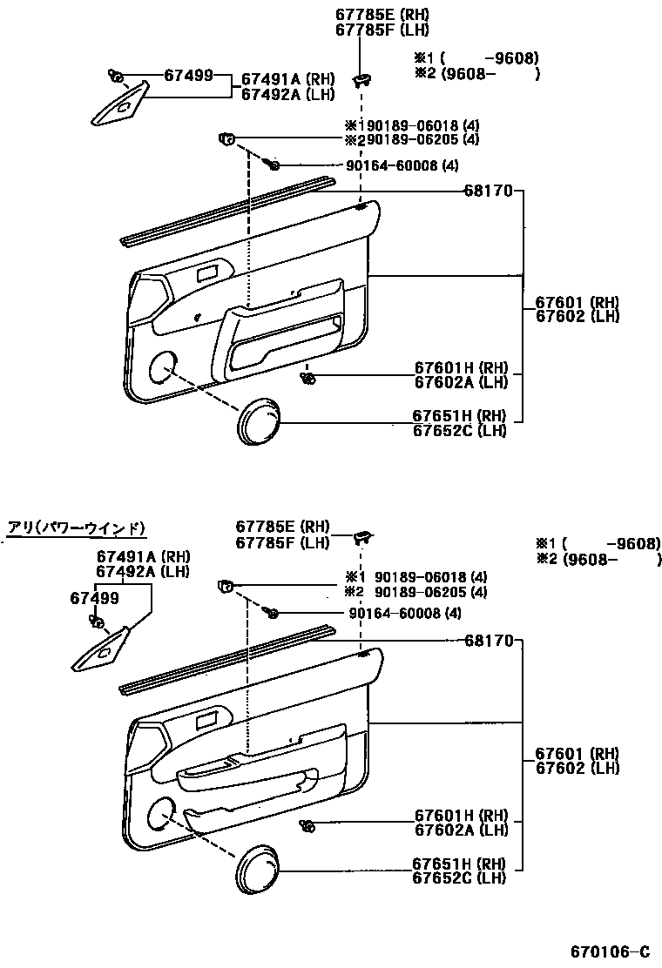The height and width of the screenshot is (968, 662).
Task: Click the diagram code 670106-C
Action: (x=611, y=951)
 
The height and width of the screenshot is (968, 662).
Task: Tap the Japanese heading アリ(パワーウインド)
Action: (x=77, y=528)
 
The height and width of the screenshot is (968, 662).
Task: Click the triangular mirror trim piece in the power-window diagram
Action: (x=102, y=649)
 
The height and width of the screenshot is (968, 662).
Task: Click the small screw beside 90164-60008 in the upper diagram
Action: (x=274, y=165)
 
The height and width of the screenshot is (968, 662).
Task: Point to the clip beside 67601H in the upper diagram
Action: (x=307, y=378)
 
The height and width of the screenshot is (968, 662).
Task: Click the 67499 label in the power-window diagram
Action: (x=94, y=598)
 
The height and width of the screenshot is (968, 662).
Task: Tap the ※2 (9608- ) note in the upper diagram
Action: (x=476, y=74)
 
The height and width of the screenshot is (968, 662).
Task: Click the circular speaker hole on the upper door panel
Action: (x=163, y=368)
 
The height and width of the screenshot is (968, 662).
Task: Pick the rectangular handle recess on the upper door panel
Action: (x=208, y=276)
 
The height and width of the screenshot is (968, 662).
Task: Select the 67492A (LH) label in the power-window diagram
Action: (x=143, y=571)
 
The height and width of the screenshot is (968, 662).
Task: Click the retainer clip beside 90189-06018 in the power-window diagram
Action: (x=226, y=586)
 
